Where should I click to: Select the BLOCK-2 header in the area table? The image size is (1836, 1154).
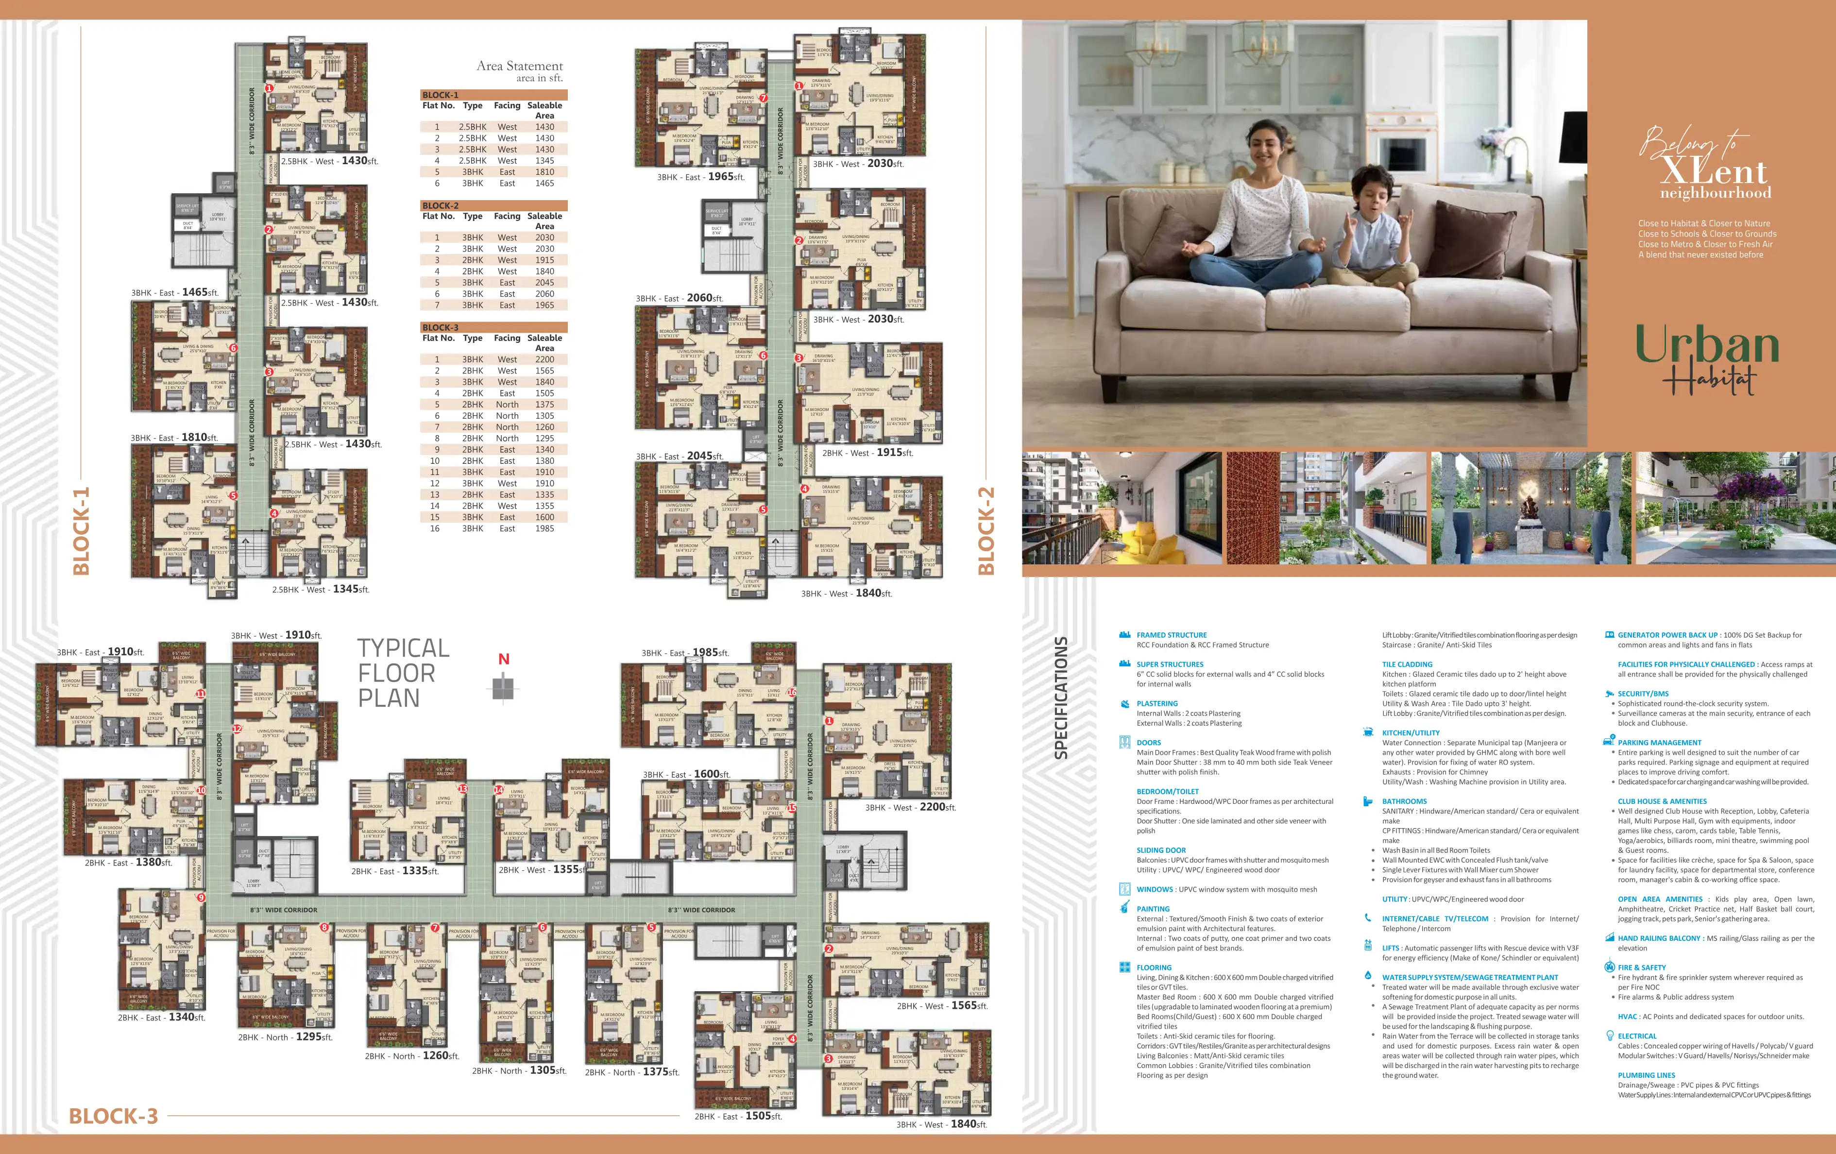coord(441,206)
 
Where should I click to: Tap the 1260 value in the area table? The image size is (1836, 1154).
coord(544,427)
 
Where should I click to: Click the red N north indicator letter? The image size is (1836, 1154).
coord(503,659)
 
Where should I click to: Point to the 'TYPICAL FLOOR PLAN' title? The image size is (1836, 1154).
coord(403,673)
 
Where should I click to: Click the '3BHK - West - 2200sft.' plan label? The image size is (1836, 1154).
coord(910,807)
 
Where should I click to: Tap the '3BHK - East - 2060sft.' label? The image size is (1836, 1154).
coord(680,298)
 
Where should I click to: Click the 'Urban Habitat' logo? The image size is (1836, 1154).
coord(1706,358)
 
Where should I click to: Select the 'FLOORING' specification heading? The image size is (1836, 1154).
coord(1154,967)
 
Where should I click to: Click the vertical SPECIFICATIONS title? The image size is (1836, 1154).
coord(1060,697)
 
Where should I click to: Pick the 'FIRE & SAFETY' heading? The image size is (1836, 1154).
coord(1642,967)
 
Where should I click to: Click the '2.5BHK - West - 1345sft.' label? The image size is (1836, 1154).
coord(320,589)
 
